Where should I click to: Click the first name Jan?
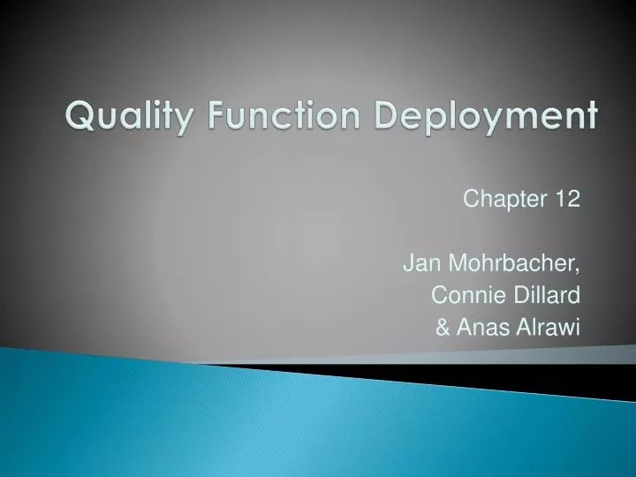click(x=419, y=263)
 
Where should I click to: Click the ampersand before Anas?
click(x=443, y=329)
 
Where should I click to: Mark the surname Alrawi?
click(x=550, y=329)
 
